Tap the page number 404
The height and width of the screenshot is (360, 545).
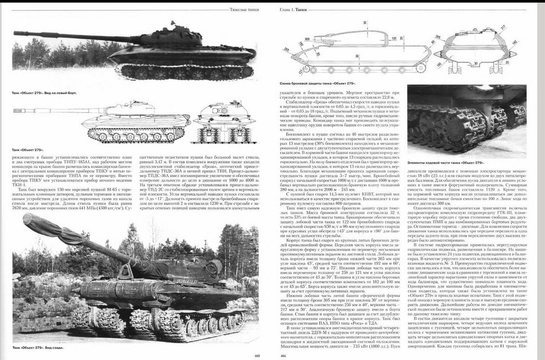[283, 355]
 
